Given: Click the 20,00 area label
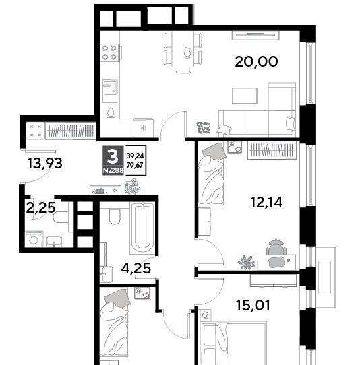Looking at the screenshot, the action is click(x=256, y=62).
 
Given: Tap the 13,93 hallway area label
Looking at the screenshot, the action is click(x=44, y=163).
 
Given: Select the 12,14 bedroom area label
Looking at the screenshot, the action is click(x=266, y=202).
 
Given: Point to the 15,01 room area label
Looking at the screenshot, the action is click(x=253, y=305).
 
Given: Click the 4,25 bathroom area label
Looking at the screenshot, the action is click(x=136, y=268).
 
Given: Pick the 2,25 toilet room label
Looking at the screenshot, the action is click(x=41, y=207).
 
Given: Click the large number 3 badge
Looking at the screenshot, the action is click(x=113, y=156).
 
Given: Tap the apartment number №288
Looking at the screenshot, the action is click(x=113, y=170).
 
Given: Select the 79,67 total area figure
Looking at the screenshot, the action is click(x=135, y=165).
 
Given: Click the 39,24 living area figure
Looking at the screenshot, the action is click(x=135, y=156).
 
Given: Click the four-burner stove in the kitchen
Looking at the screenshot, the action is click(x=109, y=53).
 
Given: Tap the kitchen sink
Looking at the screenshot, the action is click(x=110, y=91).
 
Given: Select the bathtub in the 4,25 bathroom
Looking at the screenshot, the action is click(x=142, y=228).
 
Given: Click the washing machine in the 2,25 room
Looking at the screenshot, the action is click(x=34, y=238).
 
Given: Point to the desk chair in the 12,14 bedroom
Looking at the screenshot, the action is click(x=276, y=247).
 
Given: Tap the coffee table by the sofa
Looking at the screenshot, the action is click(x=245, y=96).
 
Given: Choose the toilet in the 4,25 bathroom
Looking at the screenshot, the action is click(x=115, y=216).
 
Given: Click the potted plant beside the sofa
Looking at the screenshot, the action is click(x=203, y=128).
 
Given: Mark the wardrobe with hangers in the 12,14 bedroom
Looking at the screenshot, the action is click(x=272, y=150).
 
